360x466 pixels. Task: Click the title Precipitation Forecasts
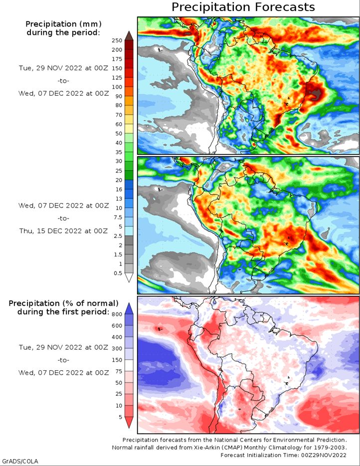tap(243, 7)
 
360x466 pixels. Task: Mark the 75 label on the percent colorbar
tap(118, 371)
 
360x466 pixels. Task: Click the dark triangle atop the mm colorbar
tap(128, 35)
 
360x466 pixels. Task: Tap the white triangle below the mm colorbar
tap(128, 278)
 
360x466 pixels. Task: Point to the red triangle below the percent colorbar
tap(128, 423)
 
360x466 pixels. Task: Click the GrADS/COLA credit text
tap(20, 461)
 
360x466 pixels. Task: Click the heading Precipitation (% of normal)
tap(63, 303)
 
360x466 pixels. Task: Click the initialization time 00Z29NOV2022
tap(324, 455)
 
